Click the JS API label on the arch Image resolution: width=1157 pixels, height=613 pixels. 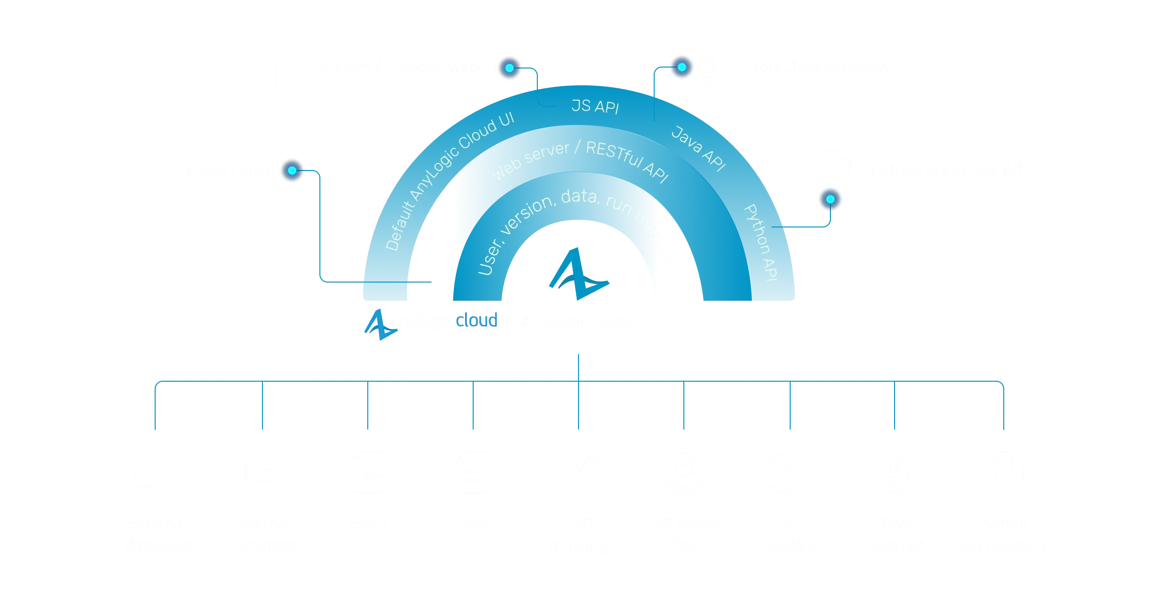595,106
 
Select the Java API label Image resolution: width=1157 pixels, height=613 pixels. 699,148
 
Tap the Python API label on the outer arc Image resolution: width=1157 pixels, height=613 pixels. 761,242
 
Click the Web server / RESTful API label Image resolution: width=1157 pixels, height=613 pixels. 579,161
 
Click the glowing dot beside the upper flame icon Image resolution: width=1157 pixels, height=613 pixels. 681,67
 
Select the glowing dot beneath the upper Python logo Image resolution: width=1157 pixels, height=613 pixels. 830,199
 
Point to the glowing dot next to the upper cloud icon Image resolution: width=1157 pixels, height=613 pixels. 292,170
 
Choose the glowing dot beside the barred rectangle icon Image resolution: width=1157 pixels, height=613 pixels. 509,68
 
